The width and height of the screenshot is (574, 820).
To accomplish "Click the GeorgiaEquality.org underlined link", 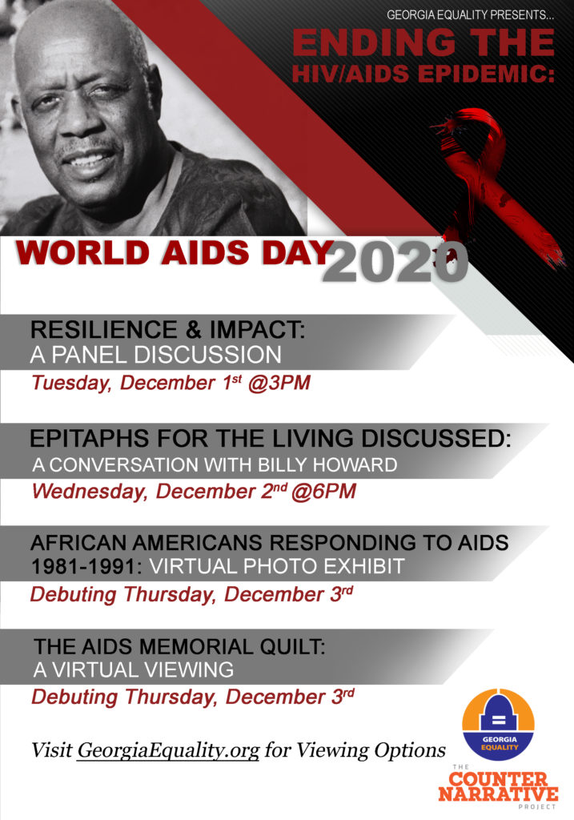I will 168,750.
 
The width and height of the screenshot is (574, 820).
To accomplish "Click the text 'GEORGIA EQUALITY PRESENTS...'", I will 471,15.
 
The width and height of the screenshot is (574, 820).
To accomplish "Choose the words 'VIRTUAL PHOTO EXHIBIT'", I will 276,566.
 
